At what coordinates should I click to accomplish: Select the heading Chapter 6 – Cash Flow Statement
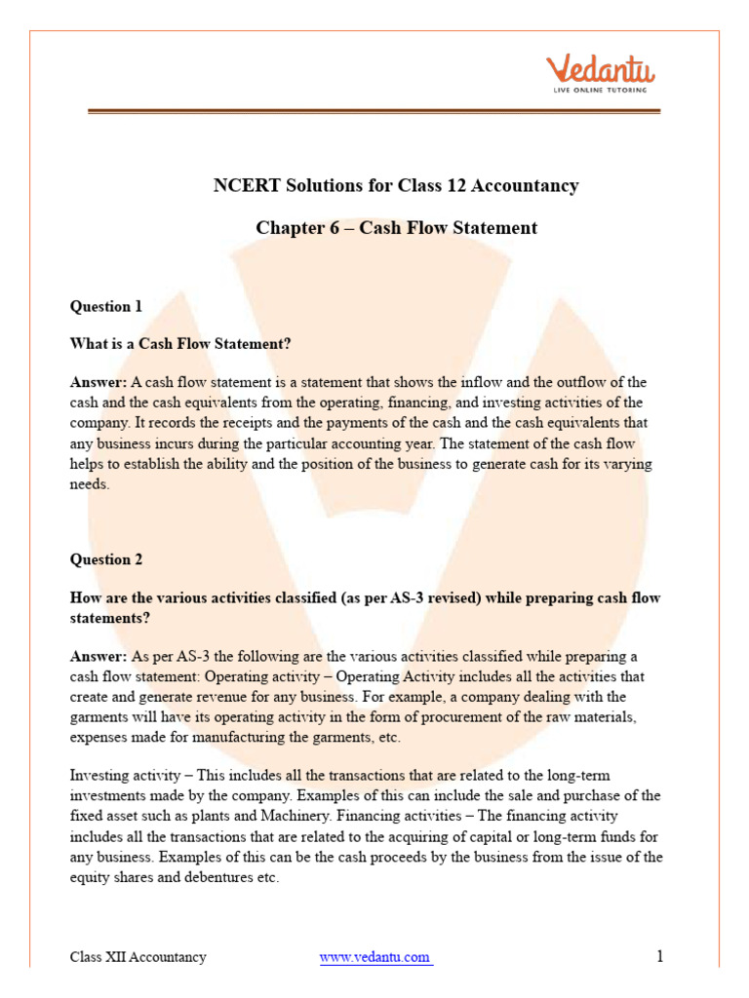396,228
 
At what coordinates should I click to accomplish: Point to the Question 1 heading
106,307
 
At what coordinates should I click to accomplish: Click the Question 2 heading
106,559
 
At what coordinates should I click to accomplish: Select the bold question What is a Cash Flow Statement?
180,344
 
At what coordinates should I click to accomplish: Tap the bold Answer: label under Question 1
99,382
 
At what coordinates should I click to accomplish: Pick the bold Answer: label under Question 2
99,657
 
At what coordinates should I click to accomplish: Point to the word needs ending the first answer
90,484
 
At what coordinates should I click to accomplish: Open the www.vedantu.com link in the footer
375,957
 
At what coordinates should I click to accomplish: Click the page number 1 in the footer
659,956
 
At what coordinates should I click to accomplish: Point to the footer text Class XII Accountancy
138,957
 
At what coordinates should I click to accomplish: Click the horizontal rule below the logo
374,112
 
